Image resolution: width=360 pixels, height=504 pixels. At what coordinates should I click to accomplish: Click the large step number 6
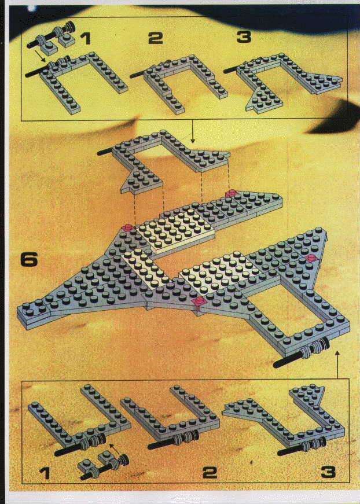click(x=29, y=259)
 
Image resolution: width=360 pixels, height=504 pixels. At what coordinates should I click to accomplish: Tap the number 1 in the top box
click(x=85, y=38)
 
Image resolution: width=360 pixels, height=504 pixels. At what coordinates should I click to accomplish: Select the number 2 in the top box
click(x=156, y=38)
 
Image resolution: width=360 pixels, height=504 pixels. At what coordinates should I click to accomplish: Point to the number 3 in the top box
click(x=244, y=37)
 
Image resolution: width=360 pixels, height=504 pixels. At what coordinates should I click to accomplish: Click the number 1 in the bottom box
click(x=45, y=473)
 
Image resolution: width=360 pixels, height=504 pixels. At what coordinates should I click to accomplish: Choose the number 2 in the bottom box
click(x=210, y=472)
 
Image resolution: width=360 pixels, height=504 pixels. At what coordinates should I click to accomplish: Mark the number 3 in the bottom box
click(x=329, y=472)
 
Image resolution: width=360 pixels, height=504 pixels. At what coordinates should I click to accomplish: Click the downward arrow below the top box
click(x=193, y=132)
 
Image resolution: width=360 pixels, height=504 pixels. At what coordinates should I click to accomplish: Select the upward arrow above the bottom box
click(x=337, y=365)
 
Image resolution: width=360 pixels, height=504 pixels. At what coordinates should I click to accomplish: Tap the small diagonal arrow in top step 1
click(x=40, y=56)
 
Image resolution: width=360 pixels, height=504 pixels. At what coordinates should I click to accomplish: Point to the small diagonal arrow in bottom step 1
click(x=115, y=450)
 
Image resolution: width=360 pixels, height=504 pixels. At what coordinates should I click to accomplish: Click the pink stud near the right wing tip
click(x=311, y=257)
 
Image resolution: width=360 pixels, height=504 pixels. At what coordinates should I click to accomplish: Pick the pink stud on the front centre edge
click(x=199, y=301)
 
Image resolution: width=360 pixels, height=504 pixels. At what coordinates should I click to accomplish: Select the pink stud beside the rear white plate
click(x=127, y=228)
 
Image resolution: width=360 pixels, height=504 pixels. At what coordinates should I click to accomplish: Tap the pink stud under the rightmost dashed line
click(x=231, y=193)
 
